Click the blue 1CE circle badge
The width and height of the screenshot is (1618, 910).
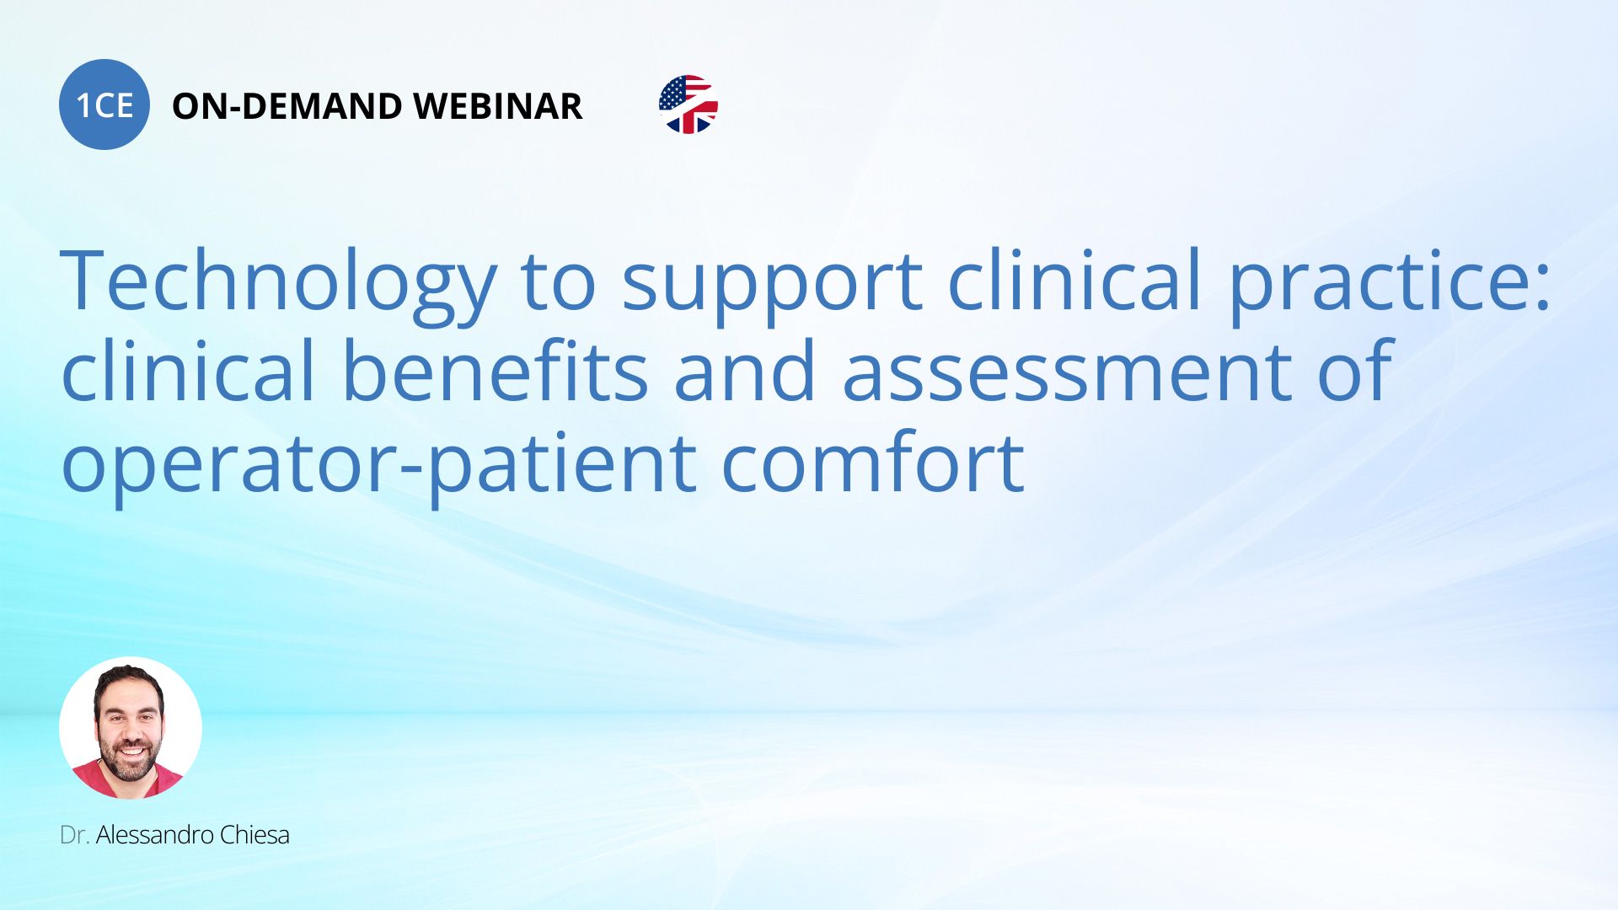pyautogui.click(x=104, y=104)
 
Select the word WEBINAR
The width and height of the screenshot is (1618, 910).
pyautogui.click(x=498, y=106)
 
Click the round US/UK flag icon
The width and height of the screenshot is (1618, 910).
pyautogui.click(x=688, y=104)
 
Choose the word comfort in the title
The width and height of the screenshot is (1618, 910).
pyautogui.click(x=873, y=460)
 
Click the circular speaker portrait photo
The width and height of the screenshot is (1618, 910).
pyautogui.click(x=131, y=727)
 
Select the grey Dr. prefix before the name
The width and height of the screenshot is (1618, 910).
pyautogui.click(x=75, y=835)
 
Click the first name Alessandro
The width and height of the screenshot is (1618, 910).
pyautogui.click(x=154, y=835)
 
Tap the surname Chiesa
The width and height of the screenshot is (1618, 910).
pyautogui.click(x=254, y=835)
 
